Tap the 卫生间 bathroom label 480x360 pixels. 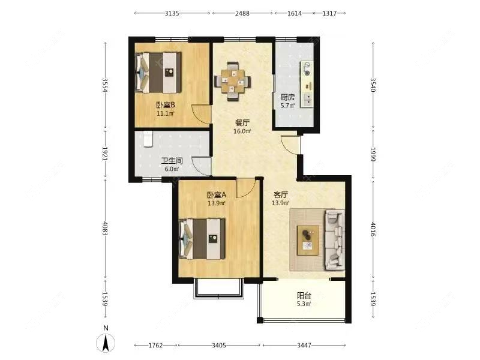point(172,161)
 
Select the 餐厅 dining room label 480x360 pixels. point(242,123)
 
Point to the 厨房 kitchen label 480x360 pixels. point(287,97)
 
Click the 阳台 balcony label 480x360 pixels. point(304,296)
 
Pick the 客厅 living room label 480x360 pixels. point(280,194)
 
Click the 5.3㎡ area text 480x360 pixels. point(304,304)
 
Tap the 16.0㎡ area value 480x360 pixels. point(242,131)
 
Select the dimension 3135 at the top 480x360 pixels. point(172,13)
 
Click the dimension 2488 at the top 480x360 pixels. point(242,13)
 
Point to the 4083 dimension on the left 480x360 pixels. point(105,229)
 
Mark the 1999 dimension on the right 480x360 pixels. point(373,155)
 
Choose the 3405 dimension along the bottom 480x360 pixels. point(219,346)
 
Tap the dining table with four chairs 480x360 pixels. point(233,81)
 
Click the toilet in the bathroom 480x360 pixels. point(148,139)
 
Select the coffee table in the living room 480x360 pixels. point(308,241)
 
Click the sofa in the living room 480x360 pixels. point(335,239)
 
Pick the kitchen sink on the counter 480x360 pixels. point(308,98)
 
